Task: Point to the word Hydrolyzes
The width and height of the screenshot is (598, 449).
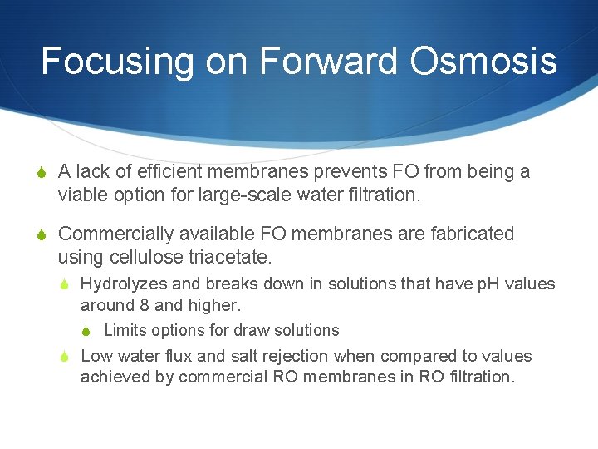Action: pyautogui.click(x=121, y=284)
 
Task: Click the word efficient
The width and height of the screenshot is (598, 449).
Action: pyautogui.click(x=173, y=172)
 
